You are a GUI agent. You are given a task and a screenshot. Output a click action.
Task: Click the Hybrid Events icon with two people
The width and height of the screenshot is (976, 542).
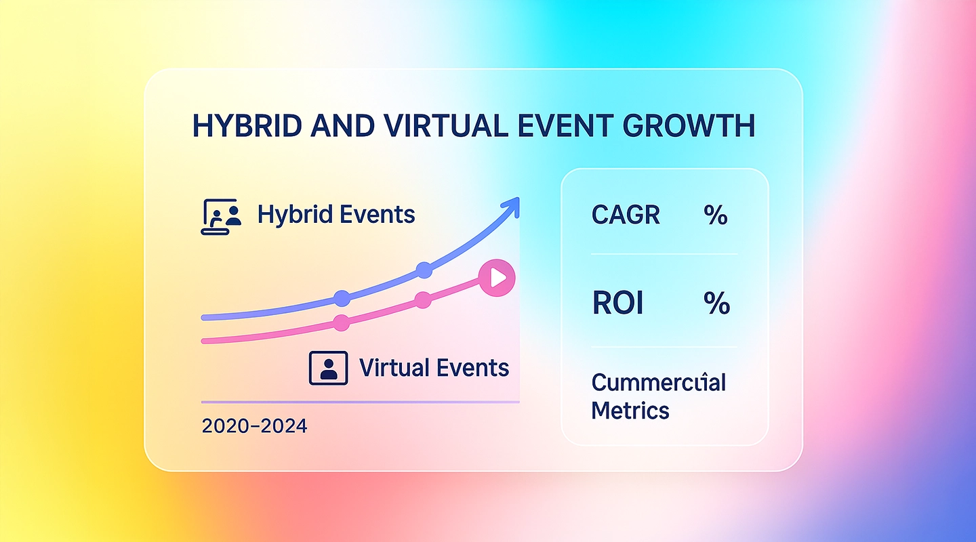222,217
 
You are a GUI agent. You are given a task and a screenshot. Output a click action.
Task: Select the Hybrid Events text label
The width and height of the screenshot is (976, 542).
336,215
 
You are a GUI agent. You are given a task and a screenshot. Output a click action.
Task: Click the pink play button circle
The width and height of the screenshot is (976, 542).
497,278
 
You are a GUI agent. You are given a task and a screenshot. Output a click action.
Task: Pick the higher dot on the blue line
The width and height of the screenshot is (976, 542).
424,270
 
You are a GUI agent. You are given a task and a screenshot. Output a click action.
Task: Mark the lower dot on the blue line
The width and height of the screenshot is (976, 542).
342,298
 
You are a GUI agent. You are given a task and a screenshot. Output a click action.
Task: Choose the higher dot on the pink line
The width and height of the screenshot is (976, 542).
423,300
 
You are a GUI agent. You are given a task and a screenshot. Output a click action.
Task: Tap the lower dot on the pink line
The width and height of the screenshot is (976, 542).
342,323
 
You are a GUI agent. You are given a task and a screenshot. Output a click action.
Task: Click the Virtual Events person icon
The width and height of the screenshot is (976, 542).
328,369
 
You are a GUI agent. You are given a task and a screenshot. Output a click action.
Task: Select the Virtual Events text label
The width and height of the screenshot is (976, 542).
434,368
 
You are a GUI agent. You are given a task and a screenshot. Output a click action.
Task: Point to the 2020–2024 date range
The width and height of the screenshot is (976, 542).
254,426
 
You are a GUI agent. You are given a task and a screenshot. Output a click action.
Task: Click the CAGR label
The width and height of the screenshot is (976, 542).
626,215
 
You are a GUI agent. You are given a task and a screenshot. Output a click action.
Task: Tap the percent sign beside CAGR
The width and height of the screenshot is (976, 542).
715,215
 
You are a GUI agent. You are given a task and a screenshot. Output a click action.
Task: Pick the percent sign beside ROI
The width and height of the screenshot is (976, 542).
716,304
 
